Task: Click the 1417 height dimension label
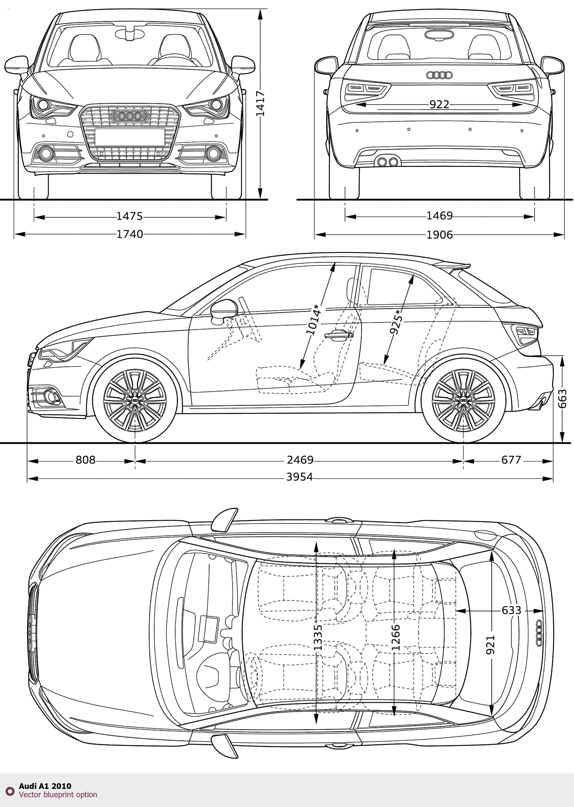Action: tap(260, 103)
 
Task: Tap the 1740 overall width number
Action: tap(130, 234)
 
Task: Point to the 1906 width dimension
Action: tap(439, 234)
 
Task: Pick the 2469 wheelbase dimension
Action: tap(300, 460)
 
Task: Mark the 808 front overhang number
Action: tap(85, 460)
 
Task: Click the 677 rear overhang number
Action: tap(511, 460)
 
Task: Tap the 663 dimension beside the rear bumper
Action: tap(562, 399)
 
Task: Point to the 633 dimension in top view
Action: tap(511, 610)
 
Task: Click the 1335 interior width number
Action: tap(317, 637)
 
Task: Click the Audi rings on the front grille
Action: tap(129, 116)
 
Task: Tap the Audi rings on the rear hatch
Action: tap(439, 75)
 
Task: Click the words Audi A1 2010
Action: tap(45, 786)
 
